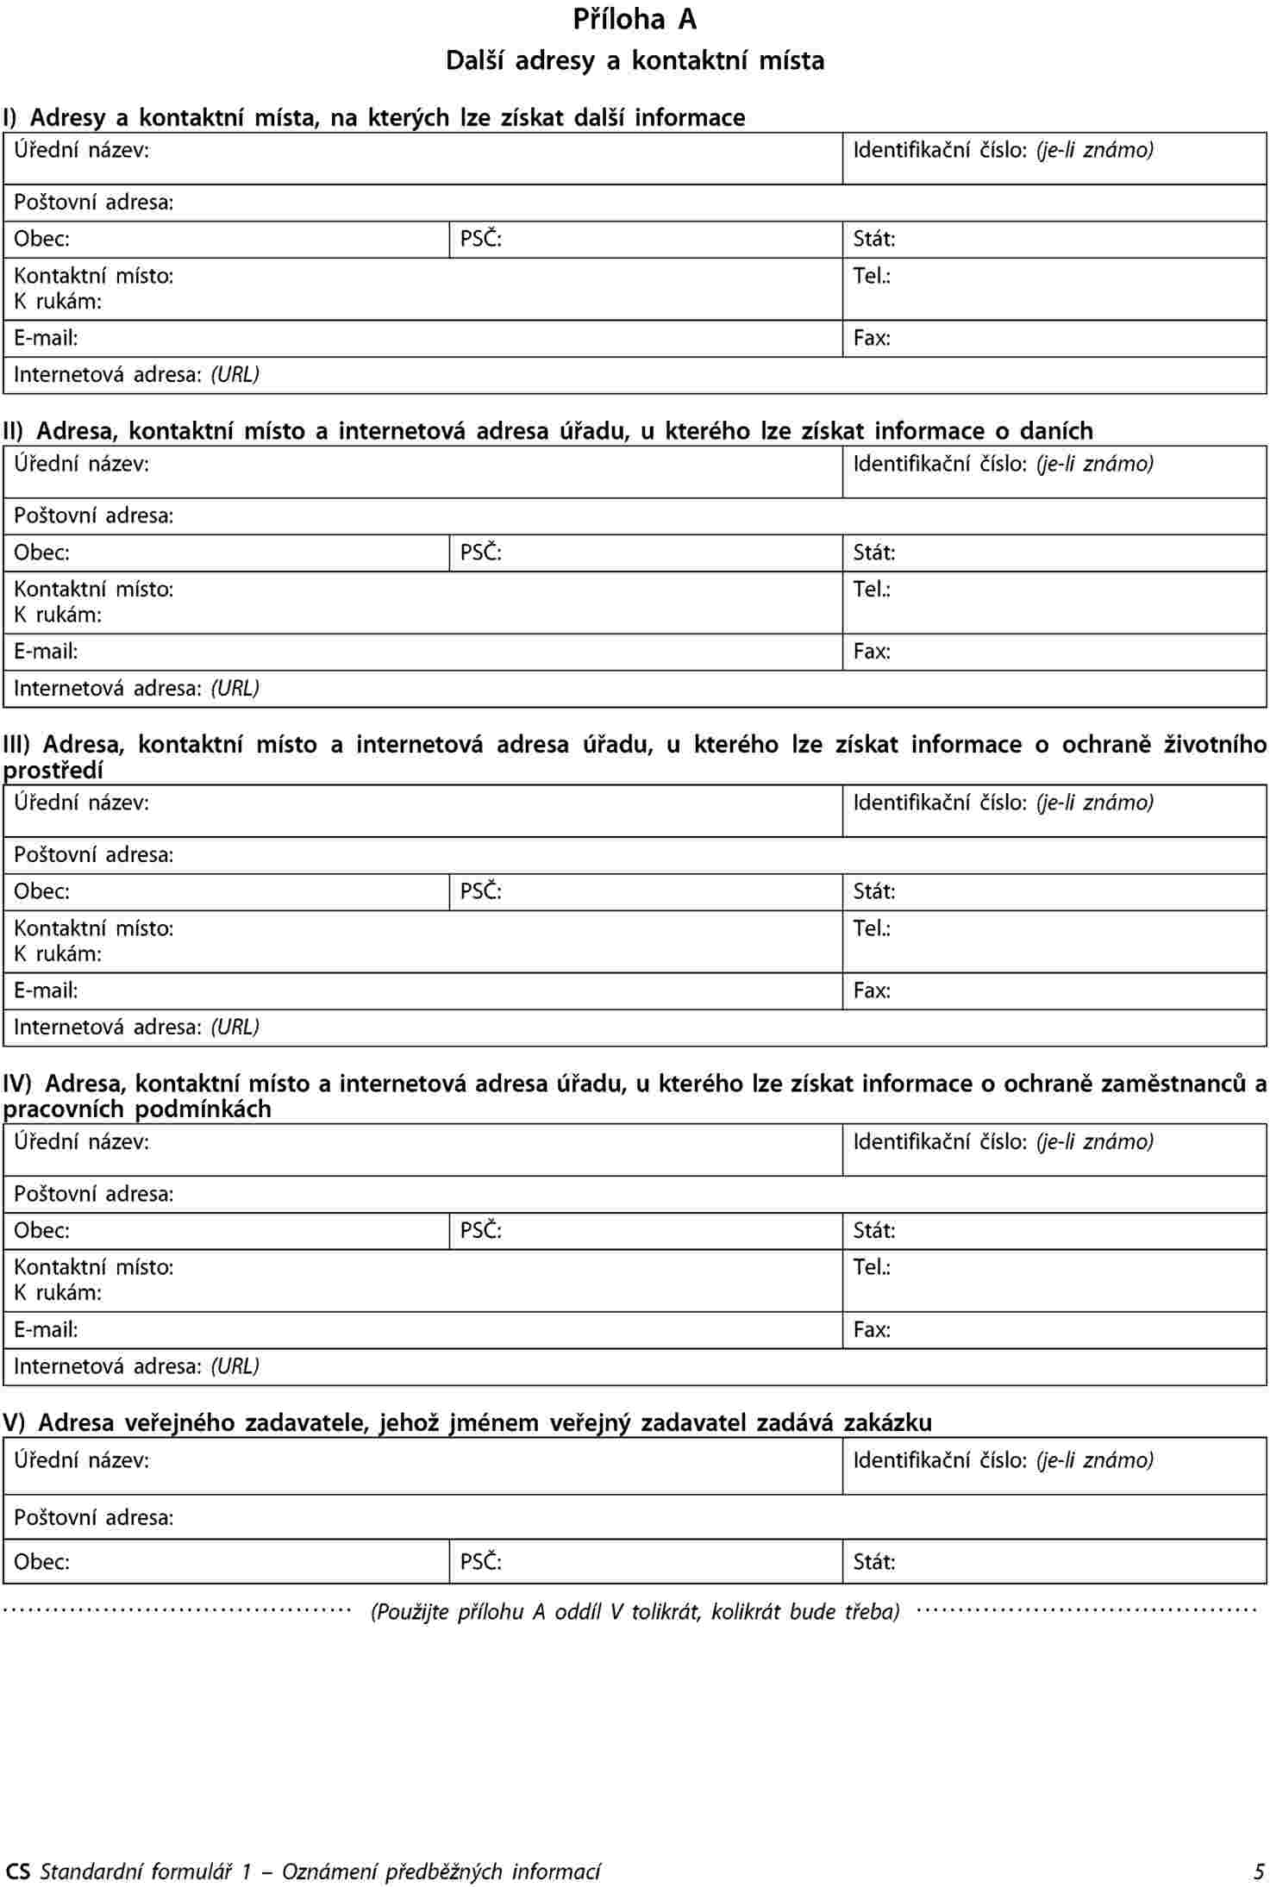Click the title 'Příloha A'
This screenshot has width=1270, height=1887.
click(x=635, y=20)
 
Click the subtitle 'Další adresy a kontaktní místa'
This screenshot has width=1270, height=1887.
click(x=635, y=61)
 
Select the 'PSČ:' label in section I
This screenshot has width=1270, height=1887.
click(x=480, y=240)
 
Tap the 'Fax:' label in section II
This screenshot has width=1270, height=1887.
click(x=872, y=652)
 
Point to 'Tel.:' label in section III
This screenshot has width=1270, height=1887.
click(x=872, y=928)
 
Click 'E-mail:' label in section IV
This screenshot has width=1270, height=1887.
click(x=46, y=1330)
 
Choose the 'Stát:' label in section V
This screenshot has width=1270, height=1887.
click(x=874, y=1562)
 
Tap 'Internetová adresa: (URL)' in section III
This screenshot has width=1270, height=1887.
click(x=136, y=1028)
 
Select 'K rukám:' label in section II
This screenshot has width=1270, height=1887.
click(x=58, y=615)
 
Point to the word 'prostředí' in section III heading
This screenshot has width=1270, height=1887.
click(x=53, y=771)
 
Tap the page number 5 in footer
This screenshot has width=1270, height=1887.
click(x=1260, y=1871)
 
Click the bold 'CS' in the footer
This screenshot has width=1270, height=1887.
click(x=17, y=1871)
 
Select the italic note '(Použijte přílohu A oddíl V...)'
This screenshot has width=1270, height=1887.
click(x=635, y=1611)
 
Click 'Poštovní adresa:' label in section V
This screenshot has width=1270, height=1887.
click(x=94, y=1517)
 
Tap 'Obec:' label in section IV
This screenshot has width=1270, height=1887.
click(x=41, y=1231)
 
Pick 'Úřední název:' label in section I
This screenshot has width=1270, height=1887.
click(x=81, y=151)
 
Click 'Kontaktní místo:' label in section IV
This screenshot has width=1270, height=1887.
click(x=94, y=1267)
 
